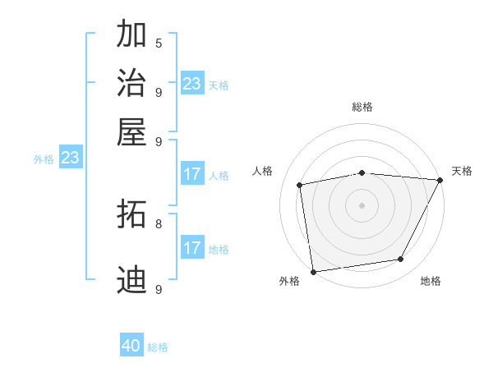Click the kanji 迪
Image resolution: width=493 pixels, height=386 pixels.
(131, 279)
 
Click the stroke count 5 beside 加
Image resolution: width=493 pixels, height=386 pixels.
(158, 43)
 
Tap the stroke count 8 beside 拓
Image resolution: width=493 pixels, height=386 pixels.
(158, 223)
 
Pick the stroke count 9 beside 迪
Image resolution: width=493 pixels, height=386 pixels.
(158, 288)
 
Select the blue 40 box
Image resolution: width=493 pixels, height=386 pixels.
(131, 346)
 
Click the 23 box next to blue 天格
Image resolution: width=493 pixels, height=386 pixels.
(191, 84)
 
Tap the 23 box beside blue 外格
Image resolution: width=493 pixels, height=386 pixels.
(70, 158)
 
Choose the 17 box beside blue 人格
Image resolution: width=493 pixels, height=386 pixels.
(191, 174)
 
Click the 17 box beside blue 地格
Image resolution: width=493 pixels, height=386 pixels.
(191, 248)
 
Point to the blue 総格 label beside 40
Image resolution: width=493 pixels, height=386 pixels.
(158, 347)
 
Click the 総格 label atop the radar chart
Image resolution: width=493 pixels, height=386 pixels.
(362, 107)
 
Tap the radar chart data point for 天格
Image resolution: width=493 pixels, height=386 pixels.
(440, 181)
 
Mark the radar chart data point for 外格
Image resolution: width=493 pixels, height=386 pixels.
(313, 271)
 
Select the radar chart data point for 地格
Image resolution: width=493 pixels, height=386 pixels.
(401, 260)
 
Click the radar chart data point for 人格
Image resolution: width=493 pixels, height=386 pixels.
(300, 185)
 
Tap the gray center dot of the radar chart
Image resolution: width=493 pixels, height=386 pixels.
(362, 204)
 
